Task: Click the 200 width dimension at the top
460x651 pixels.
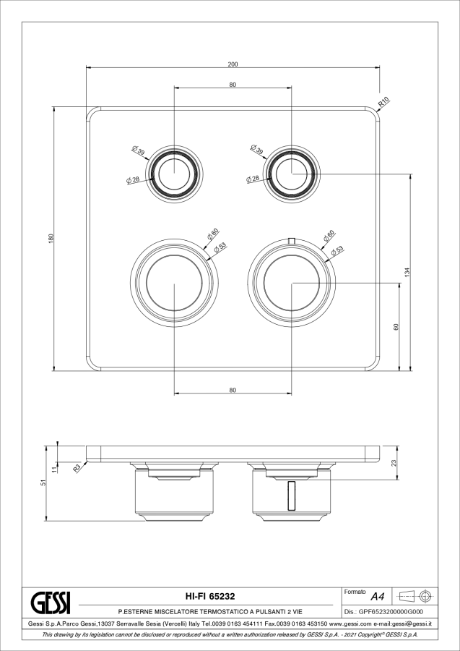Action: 233,64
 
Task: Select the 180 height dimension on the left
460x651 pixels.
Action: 51,239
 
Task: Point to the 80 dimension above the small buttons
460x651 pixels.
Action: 233,85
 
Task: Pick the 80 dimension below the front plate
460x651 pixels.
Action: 233,390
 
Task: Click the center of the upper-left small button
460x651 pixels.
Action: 174,174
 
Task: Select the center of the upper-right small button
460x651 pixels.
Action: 290,174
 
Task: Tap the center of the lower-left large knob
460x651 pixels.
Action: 174,284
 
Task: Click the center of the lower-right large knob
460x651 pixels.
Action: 290,284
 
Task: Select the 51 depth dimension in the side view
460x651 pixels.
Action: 44,482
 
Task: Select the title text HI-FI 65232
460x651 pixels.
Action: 209,596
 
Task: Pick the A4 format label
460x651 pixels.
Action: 376,597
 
